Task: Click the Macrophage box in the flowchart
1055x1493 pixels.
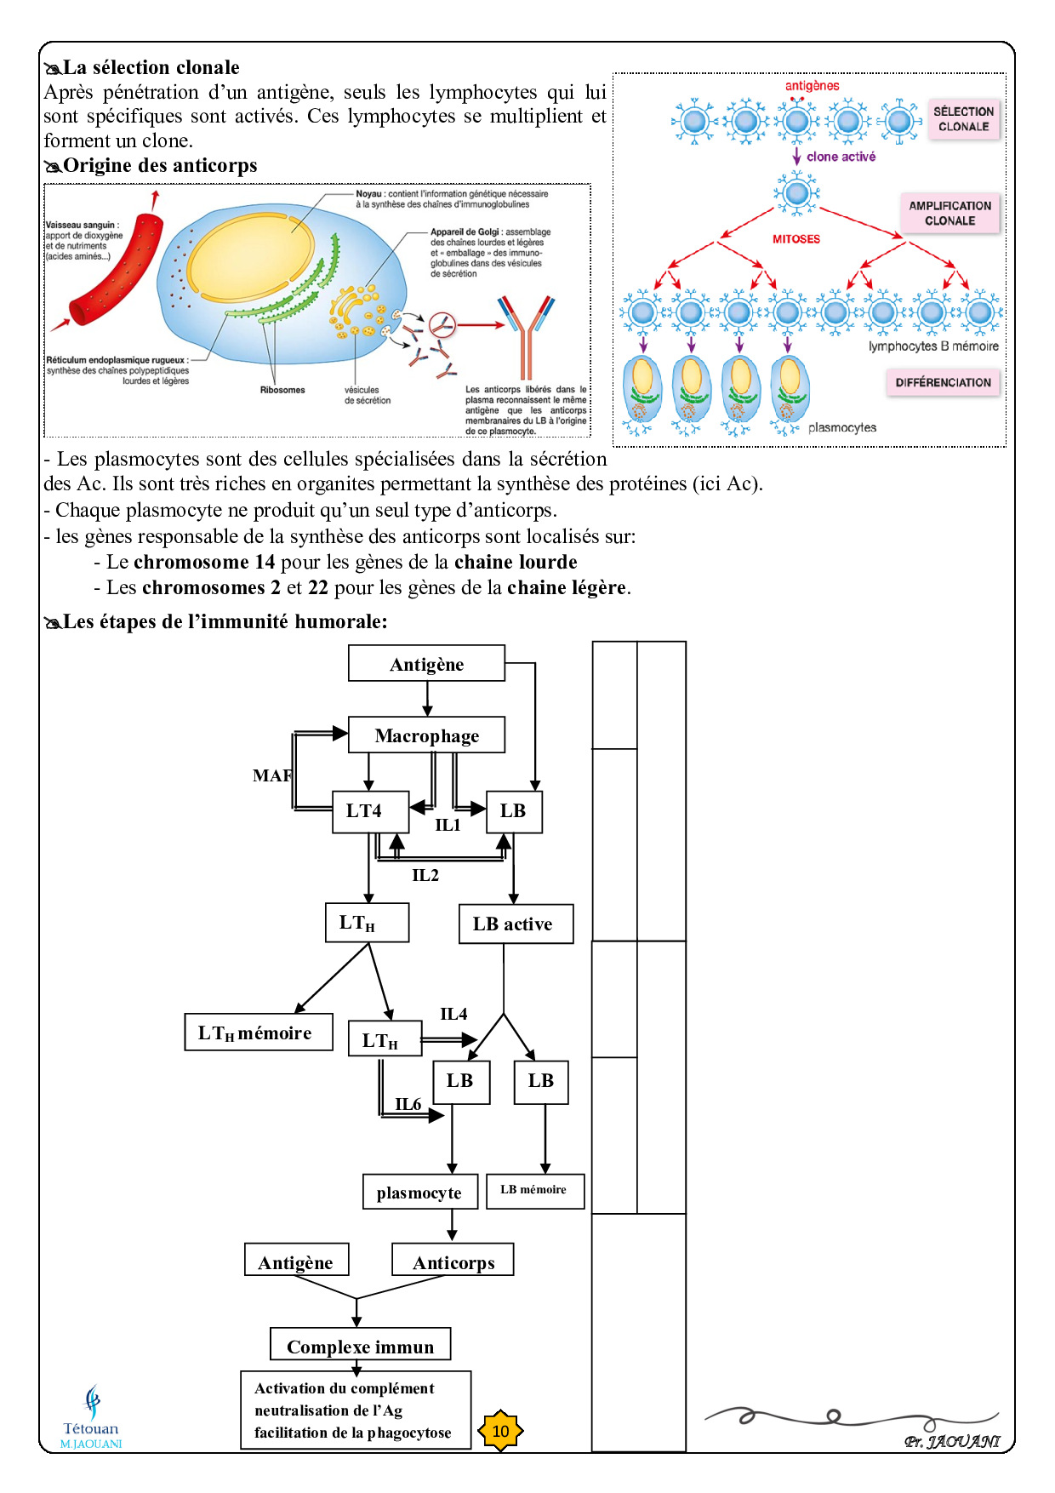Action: (426, 735)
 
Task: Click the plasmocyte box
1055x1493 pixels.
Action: (419, 1193)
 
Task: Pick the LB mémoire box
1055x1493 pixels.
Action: (534, 1191)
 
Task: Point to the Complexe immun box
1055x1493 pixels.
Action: (360, 1346)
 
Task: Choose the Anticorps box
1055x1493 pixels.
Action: (453, 1261)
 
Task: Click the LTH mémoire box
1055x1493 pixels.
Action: (258, 1033)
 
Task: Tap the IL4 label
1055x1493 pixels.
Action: (453, 1014)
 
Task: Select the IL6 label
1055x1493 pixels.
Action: (408, 1104)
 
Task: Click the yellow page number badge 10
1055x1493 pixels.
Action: (501, 1431)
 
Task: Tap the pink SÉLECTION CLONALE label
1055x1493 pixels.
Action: (963, 119)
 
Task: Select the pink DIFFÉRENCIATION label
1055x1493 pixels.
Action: (943, 382)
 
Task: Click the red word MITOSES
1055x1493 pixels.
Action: (796, 239)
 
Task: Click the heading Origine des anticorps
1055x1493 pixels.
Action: (160, 166)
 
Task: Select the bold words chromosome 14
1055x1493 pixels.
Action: (204, 563)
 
